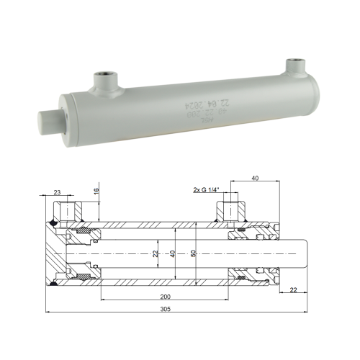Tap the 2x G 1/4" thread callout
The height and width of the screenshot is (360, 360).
tap(208, 191)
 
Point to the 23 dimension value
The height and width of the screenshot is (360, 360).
tap(57, 192)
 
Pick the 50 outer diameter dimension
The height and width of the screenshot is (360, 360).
tap(192, 253)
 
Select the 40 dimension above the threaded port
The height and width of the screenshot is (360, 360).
tap(256, 178)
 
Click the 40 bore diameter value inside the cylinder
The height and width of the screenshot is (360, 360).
tap(172, 253)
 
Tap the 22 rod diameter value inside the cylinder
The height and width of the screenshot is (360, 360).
tap(156, 253)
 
